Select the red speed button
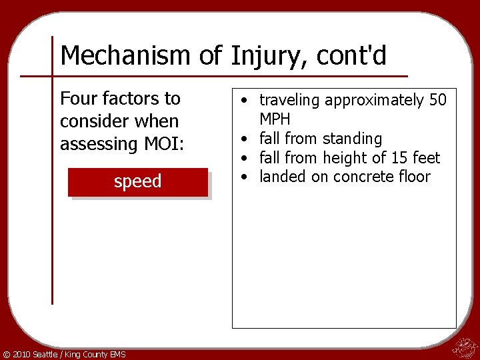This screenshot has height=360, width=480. [x=138, y=181]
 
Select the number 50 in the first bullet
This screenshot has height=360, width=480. [x=438, y=101]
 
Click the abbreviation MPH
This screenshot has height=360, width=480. [x=275, y=119]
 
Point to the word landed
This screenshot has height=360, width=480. [x=281, y=177]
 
